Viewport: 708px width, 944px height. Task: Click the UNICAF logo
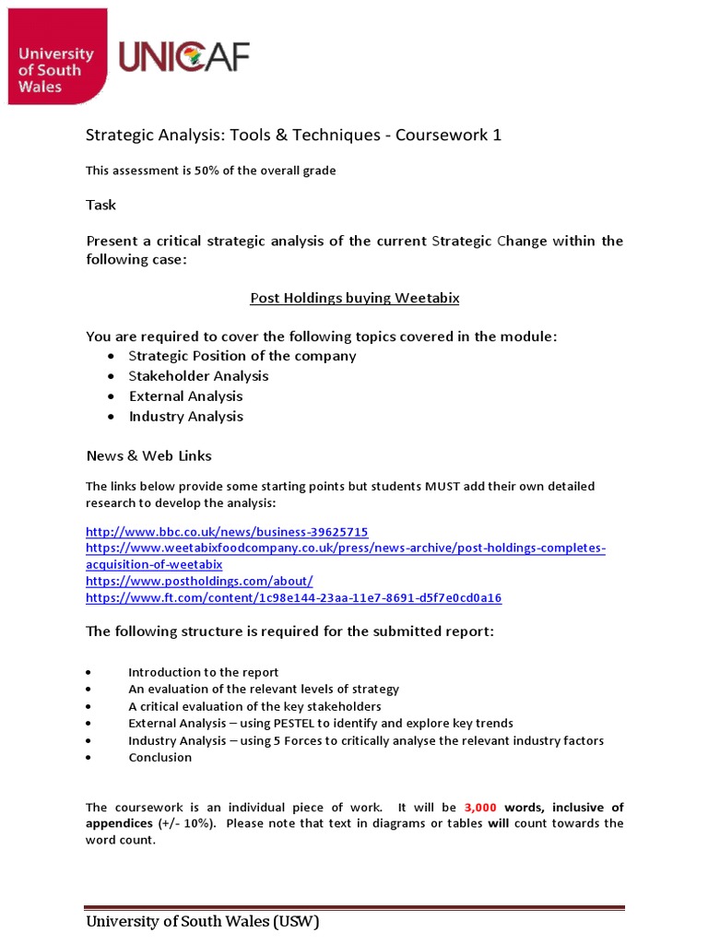point(183,58)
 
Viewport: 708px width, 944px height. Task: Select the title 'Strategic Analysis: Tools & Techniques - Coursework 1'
point(293,135)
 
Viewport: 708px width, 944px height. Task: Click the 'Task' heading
point(100,205)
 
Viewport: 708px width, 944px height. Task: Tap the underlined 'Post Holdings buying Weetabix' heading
point(354,298)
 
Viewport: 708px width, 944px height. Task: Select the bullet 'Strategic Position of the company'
point(242,356)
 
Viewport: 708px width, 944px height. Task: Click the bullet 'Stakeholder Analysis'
point(198,376)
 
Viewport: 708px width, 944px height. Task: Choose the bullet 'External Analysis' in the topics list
point(185,396)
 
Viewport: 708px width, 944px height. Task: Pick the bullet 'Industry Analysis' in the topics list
point(185,417)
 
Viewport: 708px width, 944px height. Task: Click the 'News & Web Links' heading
point(148,455)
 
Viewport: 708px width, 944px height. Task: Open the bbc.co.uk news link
point(227,532)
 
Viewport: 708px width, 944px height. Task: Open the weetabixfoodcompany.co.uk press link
point(345,549)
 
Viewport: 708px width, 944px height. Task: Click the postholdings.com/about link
point(199,581)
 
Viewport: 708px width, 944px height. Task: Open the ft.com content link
point(293,597)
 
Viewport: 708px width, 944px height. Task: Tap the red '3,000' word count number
point(480,808)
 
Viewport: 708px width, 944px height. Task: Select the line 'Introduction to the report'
point(203,672)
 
